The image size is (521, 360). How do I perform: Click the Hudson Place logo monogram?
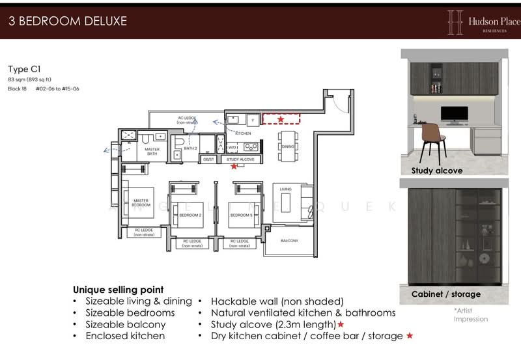click(x=455, y=22)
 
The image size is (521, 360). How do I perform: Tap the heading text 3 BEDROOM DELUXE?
click(x=68, y=21)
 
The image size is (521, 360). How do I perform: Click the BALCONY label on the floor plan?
click(x=289, y=242)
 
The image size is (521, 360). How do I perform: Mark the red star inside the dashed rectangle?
click(x=281, y=119)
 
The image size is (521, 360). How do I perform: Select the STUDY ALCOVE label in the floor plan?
click(x=240, y=159)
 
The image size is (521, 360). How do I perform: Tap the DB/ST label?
click(x=208, y=159)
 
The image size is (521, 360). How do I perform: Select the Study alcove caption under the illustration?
click(x=437, y=171)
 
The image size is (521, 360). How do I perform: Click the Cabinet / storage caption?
click(x=446, y=294)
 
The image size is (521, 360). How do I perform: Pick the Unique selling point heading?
click(x=118, y=289)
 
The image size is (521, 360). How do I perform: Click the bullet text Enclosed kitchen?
click(x=125, y=336)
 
